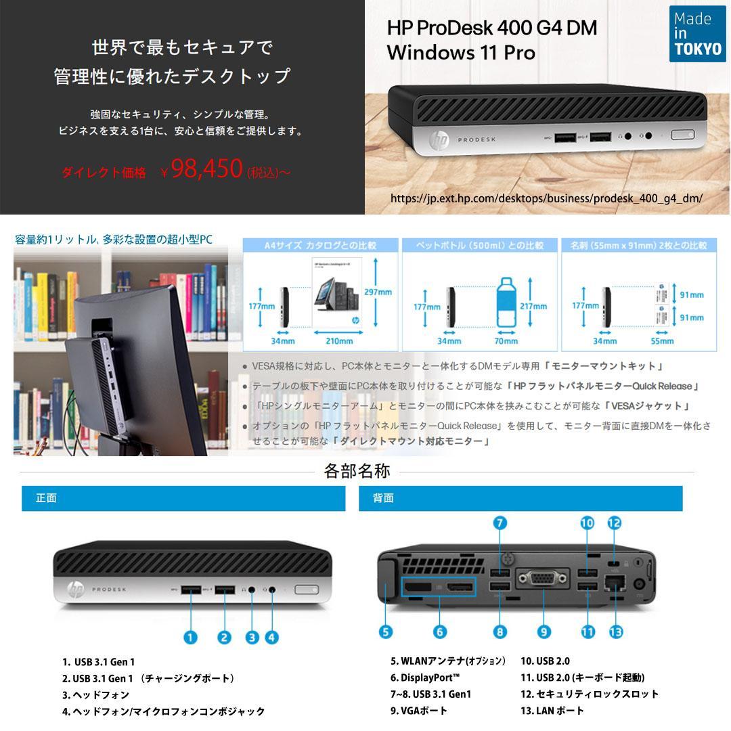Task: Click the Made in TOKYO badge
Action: point(697,34)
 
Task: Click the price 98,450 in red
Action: point(206,169)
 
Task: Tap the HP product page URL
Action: point(546,198)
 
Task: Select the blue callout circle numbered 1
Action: point(191,636)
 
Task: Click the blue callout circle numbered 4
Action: point(272,636)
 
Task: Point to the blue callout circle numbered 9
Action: point(544,632)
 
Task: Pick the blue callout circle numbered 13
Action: point(615,632)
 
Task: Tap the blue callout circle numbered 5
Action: point(385,632)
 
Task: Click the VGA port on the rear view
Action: point(542,579)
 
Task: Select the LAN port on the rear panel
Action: point(615,591)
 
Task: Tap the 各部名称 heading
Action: point(357,471)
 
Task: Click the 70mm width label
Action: point(506,342)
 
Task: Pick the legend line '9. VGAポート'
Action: point(419,711)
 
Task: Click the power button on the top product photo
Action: point(682,135)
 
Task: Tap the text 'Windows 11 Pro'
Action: point(461,53)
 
